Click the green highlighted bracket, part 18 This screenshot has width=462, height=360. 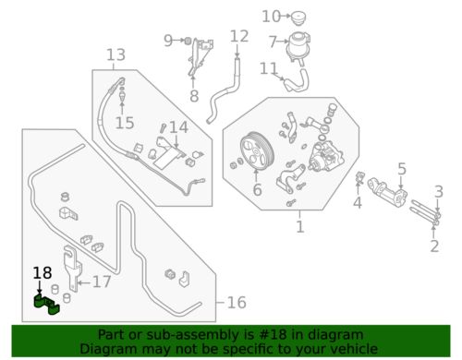click(46, 305)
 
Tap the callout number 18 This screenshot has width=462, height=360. click(43, 273)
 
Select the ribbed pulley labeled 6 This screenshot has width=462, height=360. click(256, 151)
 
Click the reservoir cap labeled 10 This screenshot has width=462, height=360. click(298, 18)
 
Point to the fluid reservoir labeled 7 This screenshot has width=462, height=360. click(298, 46)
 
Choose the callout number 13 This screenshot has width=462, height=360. click(116, 55)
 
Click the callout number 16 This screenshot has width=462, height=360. click(237, 303)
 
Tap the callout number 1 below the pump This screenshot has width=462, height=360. click(300, 227)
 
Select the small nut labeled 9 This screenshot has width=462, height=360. click(188, 41)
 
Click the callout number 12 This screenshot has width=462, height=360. click(239, 36)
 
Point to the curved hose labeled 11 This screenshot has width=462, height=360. click(297, 80)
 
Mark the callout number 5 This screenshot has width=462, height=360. click(402, 169)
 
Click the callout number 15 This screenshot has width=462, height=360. click(125, 123)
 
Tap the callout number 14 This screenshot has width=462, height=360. click(179, 127)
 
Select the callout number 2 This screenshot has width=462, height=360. click(434, 246)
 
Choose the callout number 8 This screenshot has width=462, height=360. click(194, 96)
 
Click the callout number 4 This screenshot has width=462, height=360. click(358, 203)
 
